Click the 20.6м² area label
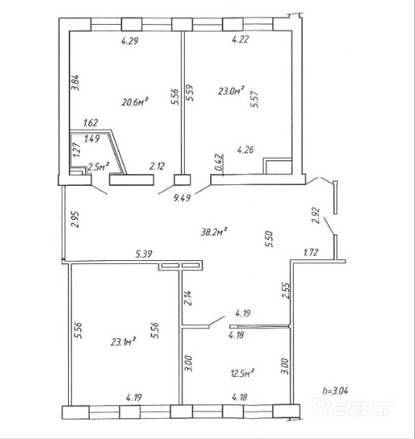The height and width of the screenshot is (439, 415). [x=134, y=101]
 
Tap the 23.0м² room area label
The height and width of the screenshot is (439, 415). [x=231, y=91]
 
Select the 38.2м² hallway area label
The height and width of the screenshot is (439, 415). [x=214, y=232]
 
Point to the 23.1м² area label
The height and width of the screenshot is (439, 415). [x=123, y=341]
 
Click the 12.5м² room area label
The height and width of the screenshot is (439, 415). [x=243, y=373]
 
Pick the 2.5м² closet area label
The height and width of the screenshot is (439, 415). [x=98, y=167]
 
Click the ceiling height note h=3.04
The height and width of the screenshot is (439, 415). [x=335, y=390]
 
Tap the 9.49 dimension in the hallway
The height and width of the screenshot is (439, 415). [x=182, y=198]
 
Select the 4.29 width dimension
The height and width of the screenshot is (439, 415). [x=130, y=41]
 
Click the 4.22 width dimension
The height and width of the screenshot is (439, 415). [x=240, y=39]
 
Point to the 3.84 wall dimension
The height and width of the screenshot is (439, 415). [x=76, y=83]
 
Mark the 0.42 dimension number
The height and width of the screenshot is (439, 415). [x=220, y=163]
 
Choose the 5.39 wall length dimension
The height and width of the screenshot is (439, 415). [x=144, y=254]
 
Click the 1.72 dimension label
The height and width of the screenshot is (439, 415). [x=311, y=252]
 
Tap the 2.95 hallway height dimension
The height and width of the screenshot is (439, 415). [x=75, y=219]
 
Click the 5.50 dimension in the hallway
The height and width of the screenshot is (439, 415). [x=269, y=238]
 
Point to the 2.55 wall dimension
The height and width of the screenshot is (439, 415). [x=286, y=291]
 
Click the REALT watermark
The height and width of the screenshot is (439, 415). [x=352, y=408]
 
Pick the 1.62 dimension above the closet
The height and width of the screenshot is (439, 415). [x=91, y=122]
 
